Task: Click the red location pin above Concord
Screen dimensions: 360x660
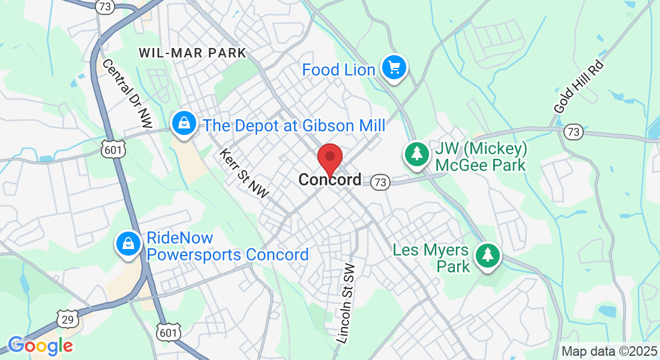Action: [x=329, y=157]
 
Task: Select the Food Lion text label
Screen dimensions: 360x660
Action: [x=338, y=70]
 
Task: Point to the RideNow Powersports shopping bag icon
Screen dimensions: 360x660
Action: [x=128, y=244]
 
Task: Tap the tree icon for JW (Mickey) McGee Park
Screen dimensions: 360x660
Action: [x=416, y=154]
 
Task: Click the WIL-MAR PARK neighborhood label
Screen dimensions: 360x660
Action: [x=193, y=53]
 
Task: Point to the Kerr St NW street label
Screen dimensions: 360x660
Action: [x=244, y=173]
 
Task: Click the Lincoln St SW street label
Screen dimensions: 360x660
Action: [x=346, y=304]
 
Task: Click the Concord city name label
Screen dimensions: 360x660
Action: [x=330, y=179]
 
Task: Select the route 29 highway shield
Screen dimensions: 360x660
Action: [x=68, y=319]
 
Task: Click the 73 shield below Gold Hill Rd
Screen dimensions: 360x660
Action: [x=574, y=131]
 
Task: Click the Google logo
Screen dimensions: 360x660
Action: [x=40, y=346]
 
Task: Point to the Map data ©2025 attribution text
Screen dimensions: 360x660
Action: [x=609, y=351]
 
